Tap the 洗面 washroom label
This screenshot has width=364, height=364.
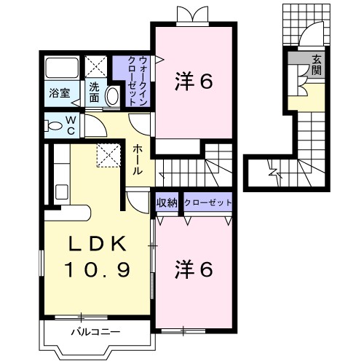pyautogui.click(x=95, y=92)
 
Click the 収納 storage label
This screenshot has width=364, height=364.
pyautogui.click(x=167, y=203)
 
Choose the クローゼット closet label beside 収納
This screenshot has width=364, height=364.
pyautogui.click(x=208, y=203)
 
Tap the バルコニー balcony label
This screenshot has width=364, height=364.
pyautogui.click(x=95, y=333)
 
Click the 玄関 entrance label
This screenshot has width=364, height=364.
pyautogui.click(x=317, y=65)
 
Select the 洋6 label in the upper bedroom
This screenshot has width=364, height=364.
pyautogui.click(x=194, y=82)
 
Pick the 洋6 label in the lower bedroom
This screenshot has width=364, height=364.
pyautogui.click(x=194, y=270)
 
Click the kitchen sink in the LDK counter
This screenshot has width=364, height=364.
pyautogui.click(x=62, y=192)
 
